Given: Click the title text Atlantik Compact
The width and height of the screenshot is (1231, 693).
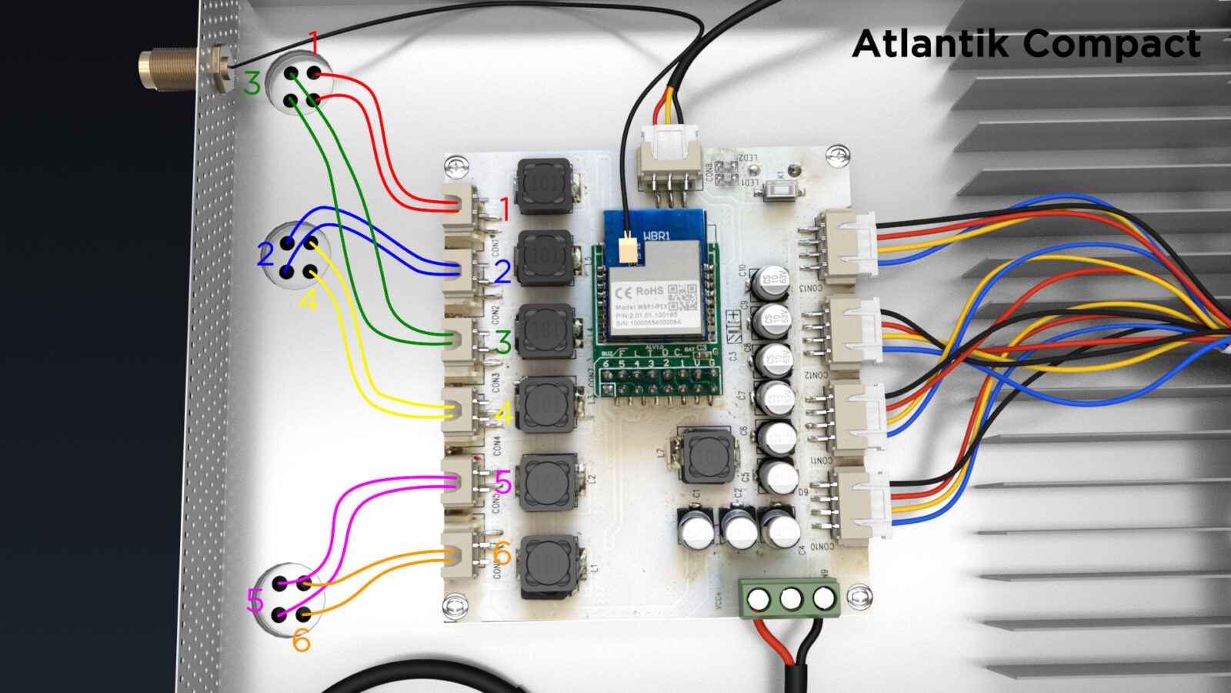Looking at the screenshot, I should coord(1026,44).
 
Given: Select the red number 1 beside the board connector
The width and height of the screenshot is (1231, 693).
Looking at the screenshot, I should coord(505,209).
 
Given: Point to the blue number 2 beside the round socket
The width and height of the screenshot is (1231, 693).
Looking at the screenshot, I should coord(265,254).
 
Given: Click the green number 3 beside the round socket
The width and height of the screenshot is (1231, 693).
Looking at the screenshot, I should coord(252,83).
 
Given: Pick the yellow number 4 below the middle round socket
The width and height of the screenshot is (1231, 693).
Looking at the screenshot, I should coord(309,300).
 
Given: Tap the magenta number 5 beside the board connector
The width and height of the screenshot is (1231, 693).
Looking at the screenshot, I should coord(502,483).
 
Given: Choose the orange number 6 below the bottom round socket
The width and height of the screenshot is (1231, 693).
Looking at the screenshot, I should coord(301,641).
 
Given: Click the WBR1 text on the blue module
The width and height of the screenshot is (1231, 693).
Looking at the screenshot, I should coord(656,236).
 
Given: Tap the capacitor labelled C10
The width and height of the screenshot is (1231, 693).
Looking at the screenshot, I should coord(770,281).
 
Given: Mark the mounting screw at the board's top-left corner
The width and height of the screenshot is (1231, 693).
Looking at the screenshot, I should coord(456,165).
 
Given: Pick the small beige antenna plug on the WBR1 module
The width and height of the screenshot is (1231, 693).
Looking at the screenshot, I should coord(629,249).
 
